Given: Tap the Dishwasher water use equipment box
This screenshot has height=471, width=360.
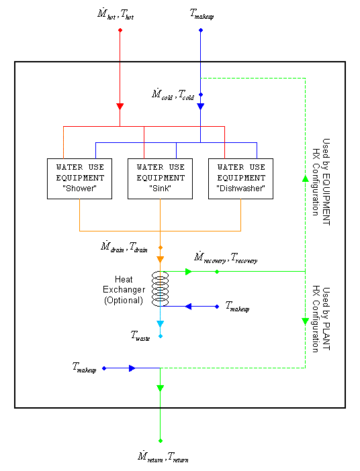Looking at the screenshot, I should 241,178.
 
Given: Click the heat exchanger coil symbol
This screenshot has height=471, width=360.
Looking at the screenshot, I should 160,289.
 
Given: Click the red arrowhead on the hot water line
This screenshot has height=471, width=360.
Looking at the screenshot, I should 120,106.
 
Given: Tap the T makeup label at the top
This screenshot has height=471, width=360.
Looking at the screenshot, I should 201,14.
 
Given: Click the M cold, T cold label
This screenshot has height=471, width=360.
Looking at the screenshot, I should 173,94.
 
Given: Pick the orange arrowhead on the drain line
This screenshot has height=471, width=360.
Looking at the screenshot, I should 160,259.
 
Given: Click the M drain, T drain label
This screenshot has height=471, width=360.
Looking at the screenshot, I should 128,247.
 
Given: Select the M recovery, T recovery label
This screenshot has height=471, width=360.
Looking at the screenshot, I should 225,258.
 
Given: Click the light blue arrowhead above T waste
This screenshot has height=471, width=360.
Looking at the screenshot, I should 160,325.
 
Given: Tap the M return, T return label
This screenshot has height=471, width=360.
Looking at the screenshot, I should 161,458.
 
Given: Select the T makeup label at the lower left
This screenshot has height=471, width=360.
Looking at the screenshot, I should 85,368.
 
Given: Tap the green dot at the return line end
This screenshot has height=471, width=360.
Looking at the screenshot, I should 160,441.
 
